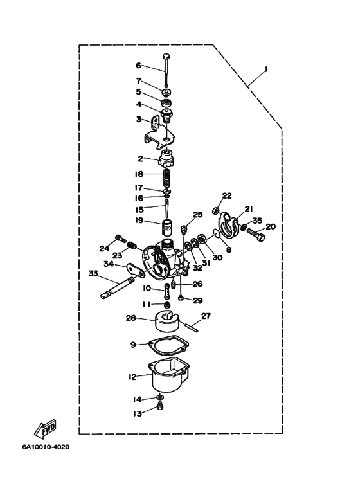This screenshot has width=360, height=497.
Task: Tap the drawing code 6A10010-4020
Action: point(46,447)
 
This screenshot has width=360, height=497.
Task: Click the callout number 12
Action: point(132,377)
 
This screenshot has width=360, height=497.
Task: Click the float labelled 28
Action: point(167,321)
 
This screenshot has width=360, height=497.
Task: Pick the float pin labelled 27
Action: point(192,327)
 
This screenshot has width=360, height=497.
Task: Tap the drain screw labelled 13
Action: point(161,406)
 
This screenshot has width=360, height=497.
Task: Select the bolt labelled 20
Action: point(255,234)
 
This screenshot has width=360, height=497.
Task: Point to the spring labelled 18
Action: point(167,179)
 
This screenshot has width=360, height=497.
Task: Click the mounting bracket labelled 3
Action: point(160,133)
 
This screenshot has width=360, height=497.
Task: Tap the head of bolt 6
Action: point(166,57)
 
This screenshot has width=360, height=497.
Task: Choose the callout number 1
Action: point(266,69)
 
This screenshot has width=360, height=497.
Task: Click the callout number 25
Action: point(198,215)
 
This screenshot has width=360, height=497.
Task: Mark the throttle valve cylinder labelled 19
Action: point(168,228)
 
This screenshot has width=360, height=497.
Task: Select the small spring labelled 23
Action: point(132,245)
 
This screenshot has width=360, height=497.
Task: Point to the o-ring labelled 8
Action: point(216,233)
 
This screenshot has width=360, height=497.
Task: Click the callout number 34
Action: point(109,264)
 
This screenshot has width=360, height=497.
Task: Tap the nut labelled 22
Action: point(215,210)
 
